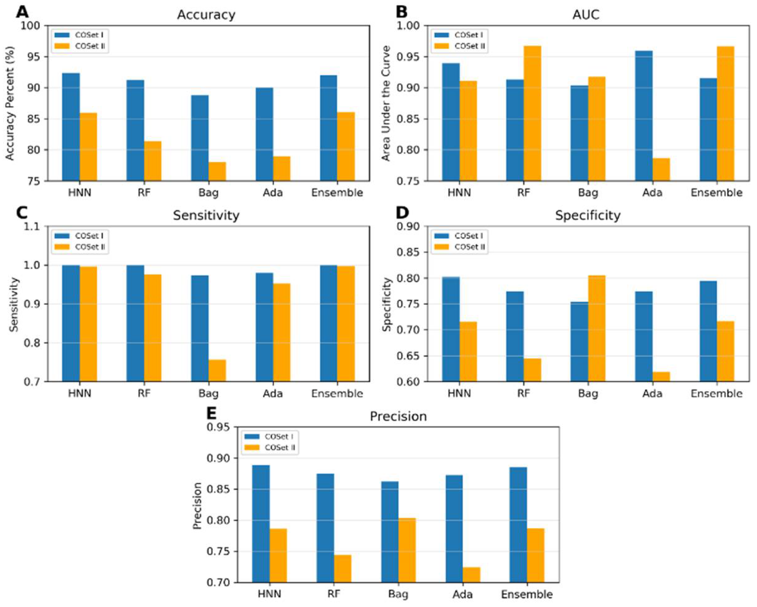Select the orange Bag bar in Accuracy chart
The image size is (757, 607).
tap(217, 171)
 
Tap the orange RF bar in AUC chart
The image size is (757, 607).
tap(532, 113)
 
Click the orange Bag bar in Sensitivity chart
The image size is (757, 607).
tap(217, 370)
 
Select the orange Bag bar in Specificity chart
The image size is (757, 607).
tap(597, 328)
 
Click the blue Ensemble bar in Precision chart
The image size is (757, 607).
tap(518, 525)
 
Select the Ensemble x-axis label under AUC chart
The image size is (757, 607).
tap(717, 193)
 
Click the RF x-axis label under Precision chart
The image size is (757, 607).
tap(334, 594)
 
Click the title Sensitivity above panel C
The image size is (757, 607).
tap(206, 215)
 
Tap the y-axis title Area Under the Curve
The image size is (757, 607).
tap(386, 103)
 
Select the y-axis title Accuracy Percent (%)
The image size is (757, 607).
tap(10, 103)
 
